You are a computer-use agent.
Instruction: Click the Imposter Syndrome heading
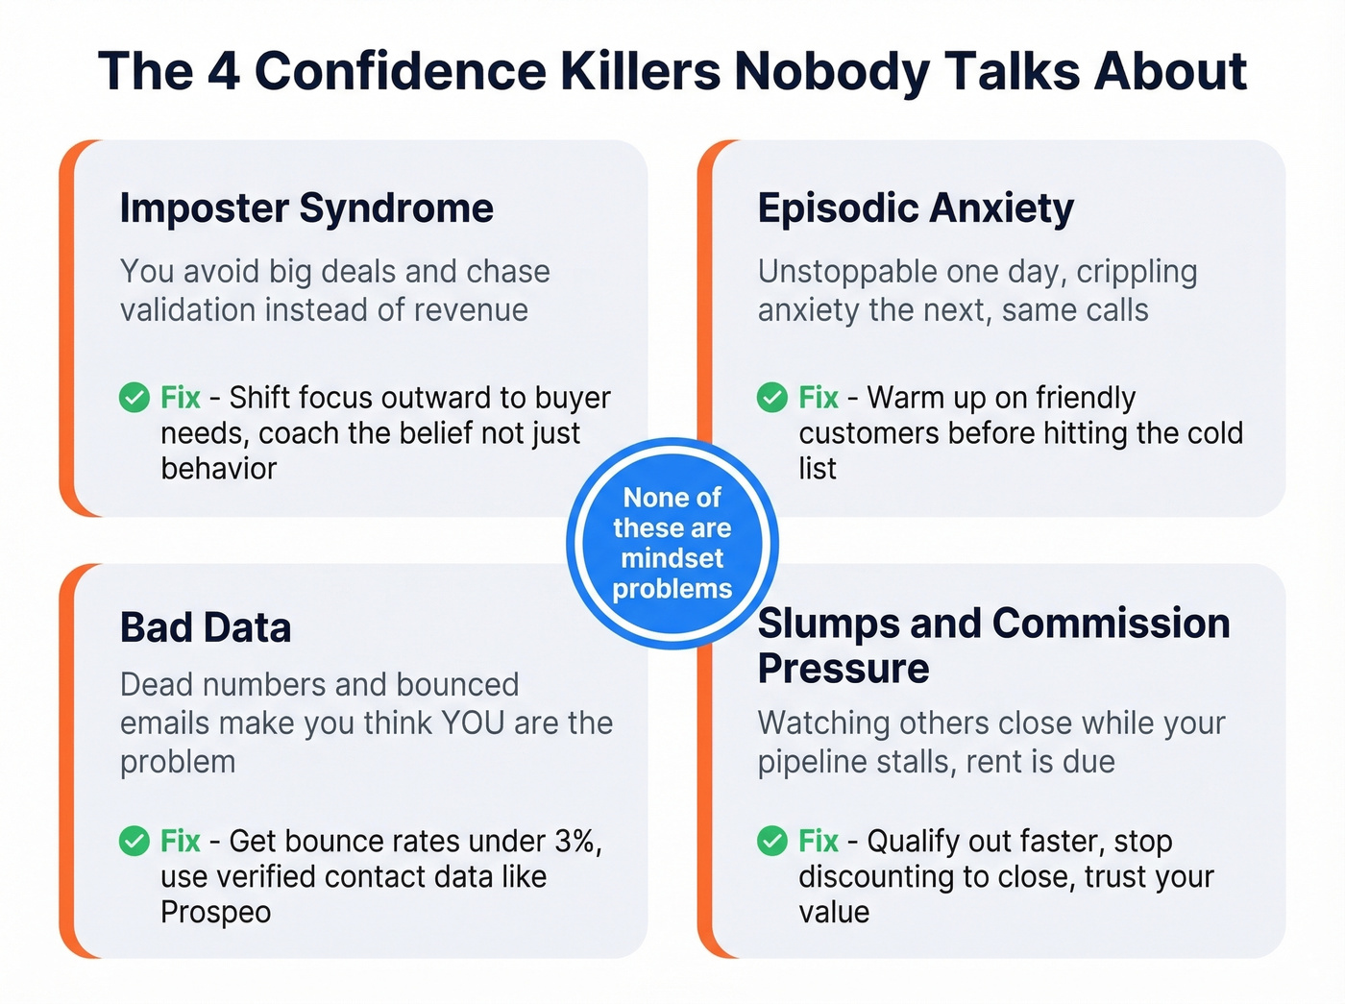(306, 208)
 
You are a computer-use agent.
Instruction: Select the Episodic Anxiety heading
(916, 208)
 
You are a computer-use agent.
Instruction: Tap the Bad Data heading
(206, 627)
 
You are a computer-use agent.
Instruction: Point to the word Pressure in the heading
(844, 669)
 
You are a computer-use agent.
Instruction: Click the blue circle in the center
(672, 543)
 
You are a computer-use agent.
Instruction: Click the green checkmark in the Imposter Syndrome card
(134, 397)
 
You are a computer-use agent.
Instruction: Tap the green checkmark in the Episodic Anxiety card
(772, 397)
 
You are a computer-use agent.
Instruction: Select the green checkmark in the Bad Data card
(134, 841)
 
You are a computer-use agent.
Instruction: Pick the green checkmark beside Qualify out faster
(772, 841)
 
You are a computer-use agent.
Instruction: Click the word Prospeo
(215, 912)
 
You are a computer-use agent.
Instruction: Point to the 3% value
(576, 841)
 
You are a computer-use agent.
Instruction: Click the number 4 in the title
(224, 71)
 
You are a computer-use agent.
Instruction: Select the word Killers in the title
(640, 71)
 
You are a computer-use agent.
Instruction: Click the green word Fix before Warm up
(819, 397)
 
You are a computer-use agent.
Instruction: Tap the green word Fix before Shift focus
(181, 397)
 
